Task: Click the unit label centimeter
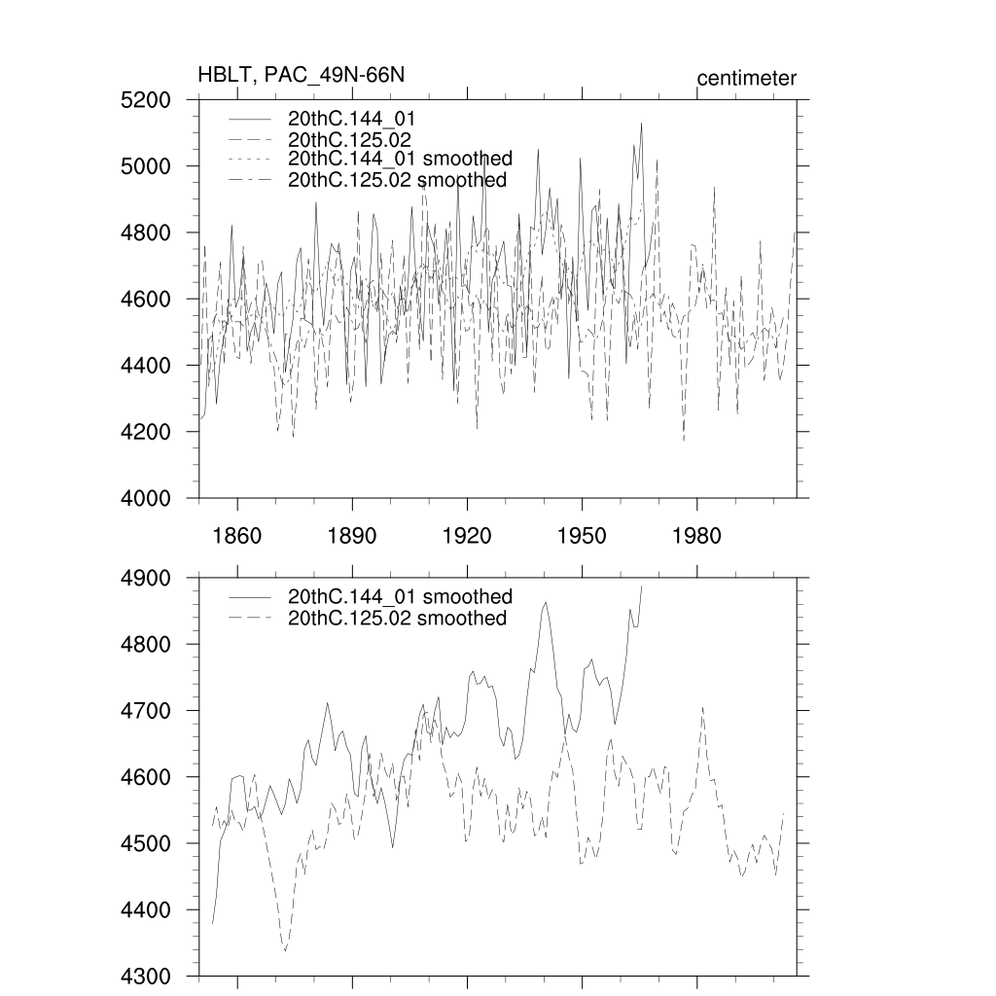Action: click(x=746, y=78)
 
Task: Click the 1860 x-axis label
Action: click(x=236, y=536)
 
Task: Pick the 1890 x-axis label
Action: click(x=352, y=536)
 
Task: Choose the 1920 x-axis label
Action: click(x=467, y=536)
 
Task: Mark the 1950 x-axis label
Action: click(x=582, y=536)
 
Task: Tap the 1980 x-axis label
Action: click(x=697, y=536)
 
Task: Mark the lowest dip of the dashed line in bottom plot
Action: click(x=285, y=950)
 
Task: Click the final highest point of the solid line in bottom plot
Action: click(x=642, y=586)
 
